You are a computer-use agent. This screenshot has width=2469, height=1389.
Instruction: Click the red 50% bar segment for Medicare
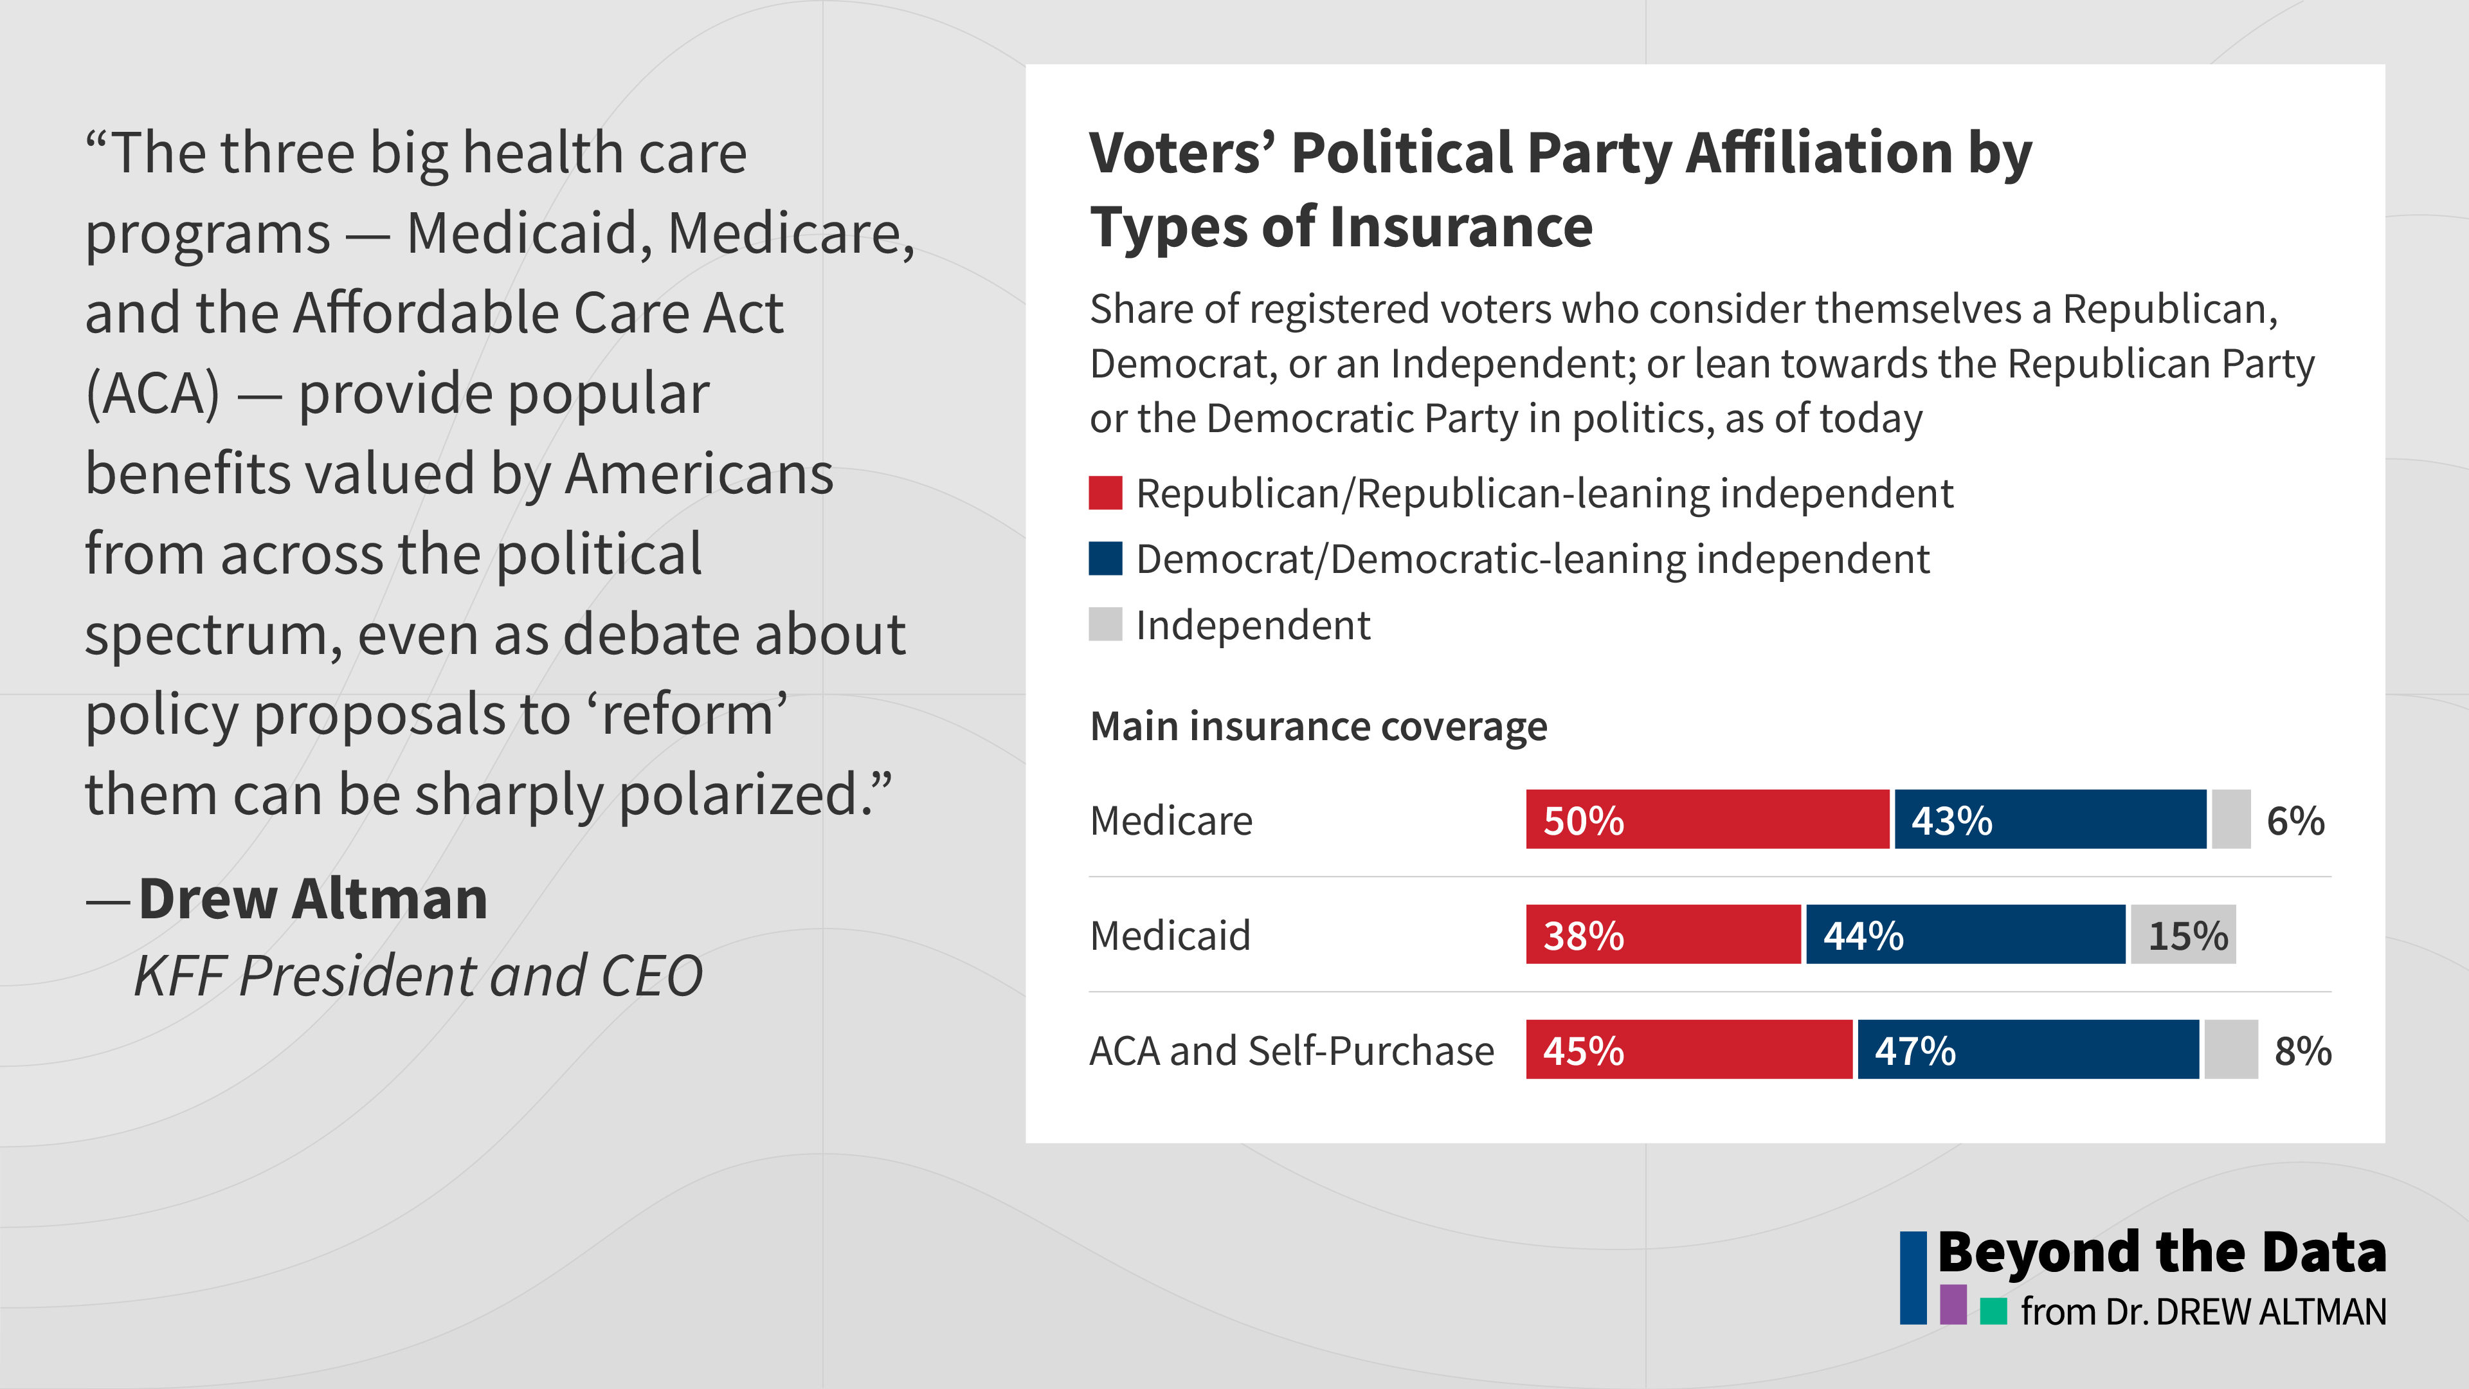click(1706, 820)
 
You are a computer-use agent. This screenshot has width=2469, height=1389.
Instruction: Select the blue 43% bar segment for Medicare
click(2050, 820)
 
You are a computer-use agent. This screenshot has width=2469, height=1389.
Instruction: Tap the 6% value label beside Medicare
click(2295, 822)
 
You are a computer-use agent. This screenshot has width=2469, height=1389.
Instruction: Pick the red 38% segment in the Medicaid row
click(1663, 934)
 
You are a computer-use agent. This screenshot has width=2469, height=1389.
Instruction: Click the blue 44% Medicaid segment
click(1965, 934)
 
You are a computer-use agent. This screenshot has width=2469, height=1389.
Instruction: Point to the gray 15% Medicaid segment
click(2182, 934)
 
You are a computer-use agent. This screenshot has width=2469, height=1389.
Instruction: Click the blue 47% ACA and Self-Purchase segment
click(2027, 1049)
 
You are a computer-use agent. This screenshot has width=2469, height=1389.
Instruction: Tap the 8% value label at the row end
click(2302, 1051)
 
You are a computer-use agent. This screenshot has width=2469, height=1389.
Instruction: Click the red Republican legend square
click(1105, 493)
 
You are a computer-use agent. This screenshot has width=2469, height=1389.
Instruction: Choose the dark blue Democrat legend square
click(1105, 559)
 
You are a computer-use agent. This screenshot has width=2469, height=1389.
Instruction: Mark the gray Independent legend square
click(1105, 624)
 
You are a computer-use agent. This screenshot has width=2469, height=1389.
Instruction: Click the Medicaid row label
click(1170, 936)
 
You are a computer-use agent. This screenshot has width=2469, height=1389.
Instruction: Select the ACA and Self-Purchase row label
click(1291, 1051)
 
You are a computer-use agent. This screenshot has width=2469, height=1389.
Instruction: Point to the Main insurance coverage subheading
click(1318, 727)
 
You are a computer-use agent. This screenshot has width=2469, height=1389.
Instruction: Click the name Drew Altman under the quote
click(312, 899)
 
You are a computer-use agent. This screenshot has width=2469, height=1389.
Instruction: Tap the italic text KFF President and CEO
click(418, 977)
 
